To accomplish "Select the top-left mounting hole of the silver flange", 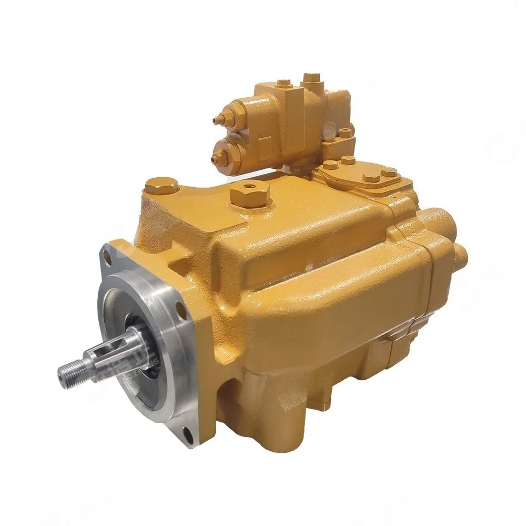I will click(x=107, y=257).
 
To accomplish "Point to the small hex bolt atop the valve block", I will click(x=284, y=84).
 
